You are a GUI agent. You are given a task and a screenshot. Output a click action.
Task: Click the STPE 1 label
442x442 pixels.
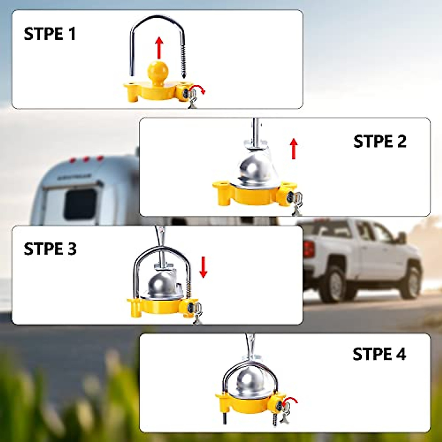pyautogui.click(x=50, y=34)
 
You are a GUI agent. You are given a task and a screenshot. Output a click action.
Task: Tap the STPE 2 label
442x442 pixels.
pyautogui.click(x=380, y=141)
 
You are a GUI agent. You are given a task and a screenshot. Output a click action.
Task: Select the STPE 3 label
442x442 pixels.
pyautogui.click(x=50, y=249)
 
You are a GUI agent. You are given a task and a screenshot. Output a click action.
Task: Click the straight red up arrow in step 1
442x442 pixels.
pyautogui.click(x=159, y=48)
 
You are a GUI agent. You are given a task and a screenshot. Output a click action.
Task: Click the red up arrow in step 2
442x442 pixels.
pyautogui.click(x=294, y=149)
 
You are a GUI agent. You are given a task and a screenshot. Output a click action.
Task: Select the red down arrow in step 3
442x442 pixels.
pyautogui.click(x=203, y=267)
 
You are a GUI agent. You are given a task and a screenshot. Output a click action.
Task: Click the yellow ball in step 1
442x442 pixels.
pyautogui.click(x=158, y=71)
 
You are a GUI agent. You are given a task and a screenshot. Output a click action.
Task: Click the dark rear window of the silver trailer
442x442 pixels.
pyautogui.click(x=80, y=204)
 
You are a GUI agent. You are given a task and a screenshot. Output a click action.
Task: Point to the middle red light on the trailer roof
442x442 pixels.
pyautogui.click(x=86, y=159)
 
